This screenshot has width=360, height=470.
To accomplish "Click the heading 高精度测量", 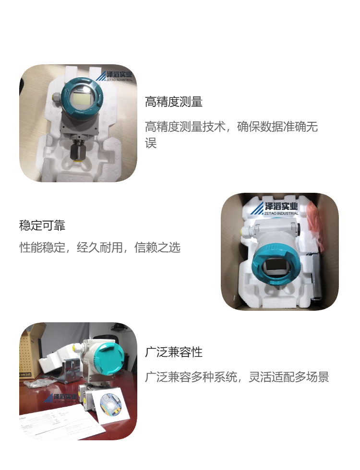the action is [x=174, y=102].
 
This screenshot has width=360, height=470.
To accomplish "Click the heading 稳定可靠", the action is [x=42, y=225].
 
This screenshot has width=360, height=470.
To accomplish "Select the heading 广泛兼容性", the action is [x=174, y=352].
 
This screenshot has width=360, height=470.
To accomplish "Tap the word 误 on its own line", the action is [x=151, y=143].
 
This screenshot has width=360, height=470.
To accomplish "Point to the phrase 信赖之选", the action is [x=157, y=247].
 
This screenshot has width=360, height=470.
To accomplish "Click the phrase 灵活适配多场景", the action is [x=289, y=377].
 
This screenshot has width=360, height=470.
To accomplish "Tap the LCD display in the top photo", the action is [x=82, y=97].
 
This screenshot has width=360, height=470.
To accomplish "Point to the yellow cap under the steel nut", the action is [x=77, y=163].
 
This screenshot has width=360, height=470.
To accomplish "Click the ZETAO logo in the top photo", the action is [x=115, y=76].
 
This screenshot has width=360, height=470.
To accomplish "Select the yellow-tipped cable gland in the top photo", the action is [x=56, y=97].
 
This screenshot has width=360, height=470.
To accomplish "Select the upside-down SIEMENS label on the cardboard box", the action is [x=25, y=375].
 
